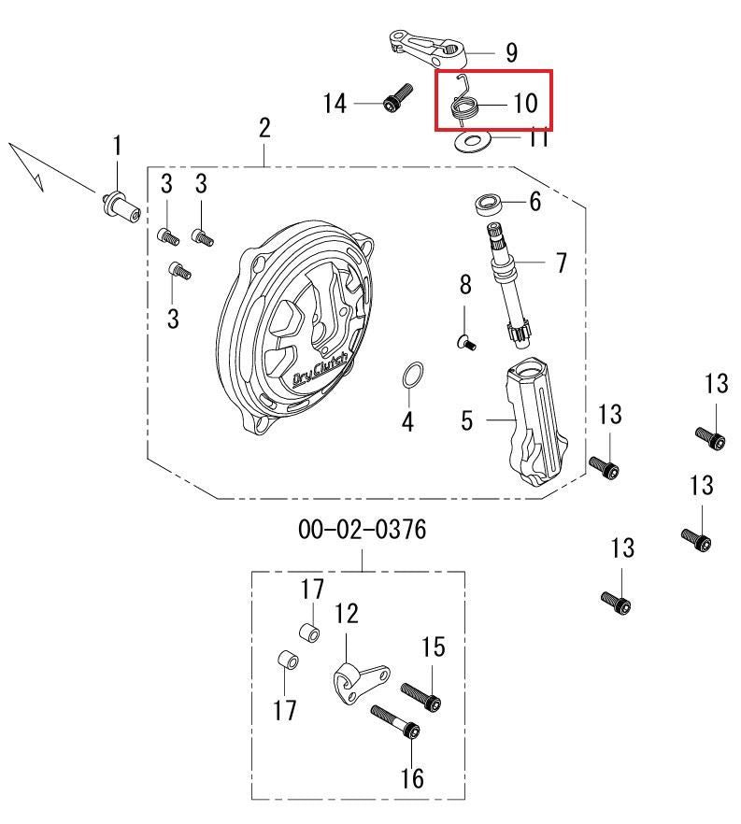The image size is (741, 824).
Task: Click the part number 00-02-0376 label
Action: click(x=363, y=529)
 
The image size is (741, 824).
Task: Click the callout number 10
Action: click(x=525, y=103)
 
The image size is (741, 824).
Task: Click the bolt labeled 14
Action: click(x=397, y=98)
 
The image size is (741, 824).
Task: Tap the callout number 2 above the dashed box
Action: click(x=264, y=128)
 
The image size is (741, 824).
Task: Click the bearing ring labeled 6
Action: click(x=489, y=204)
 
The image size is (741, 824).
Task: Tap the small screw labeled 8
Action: click(x=465, y=343)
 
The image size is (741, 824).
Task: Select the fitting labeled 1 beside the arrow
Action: click(x=121, y=206)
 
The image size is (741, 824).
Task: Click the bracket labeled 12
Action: click(x=362, y=682)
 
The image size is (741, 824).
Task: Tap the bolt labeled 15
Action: click(x=420, y=697)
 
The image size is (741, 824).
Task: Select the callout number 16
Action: click(x=412, y=777)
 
